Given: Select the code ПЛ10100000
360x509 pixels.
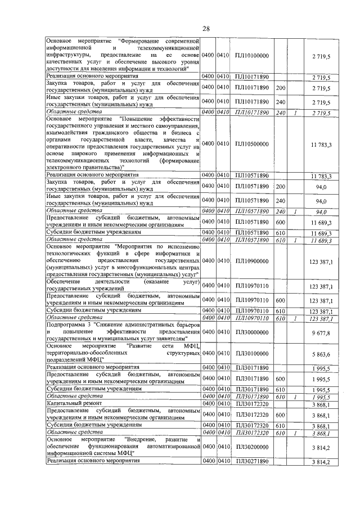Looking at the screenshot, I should point(252,56).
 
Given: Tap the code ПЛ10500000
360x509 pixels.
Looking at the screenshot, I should point(252,144).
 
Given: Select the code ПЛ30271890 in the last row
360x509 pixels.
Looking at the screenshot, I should point(252,462).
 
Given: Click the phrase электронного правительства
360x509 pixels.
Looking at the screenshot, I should point(83,167).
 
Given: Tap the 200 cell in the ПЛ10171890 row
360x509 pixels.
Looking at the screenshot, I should point(281,88).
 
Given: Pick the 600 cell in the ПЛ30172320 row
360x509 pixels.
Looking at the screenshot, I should point(281,415).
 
